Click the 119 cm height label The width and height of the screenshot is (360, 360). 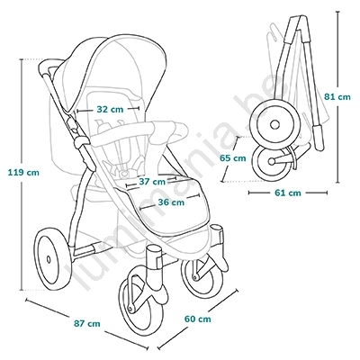pyautogui.click(x=23, y=173)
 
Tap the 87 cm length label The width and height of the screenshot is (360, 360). pyautogui.click(x=87, y=323)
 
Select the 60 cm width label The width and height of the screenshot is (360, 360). pyautogui.click(x=197, y=319)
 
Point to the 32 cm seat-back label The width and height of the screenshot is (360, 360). pyautogui.click(x=110, y=109)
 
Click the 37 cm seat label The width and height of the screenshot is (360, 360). pyautogui.click(x=152, y=182)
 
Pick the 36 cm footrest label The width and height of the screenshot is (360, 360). pyautogui.click(x=171, y=202)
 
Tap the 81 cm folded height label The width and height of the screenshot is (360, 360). pyautogui.click(x=337, y=97)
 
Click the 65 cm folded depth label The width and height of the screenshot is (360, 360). pyautogui.click(x=232, y=157)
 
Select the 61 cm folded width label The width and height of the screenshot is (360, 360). pyautogui.click(x=287, y=193)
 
